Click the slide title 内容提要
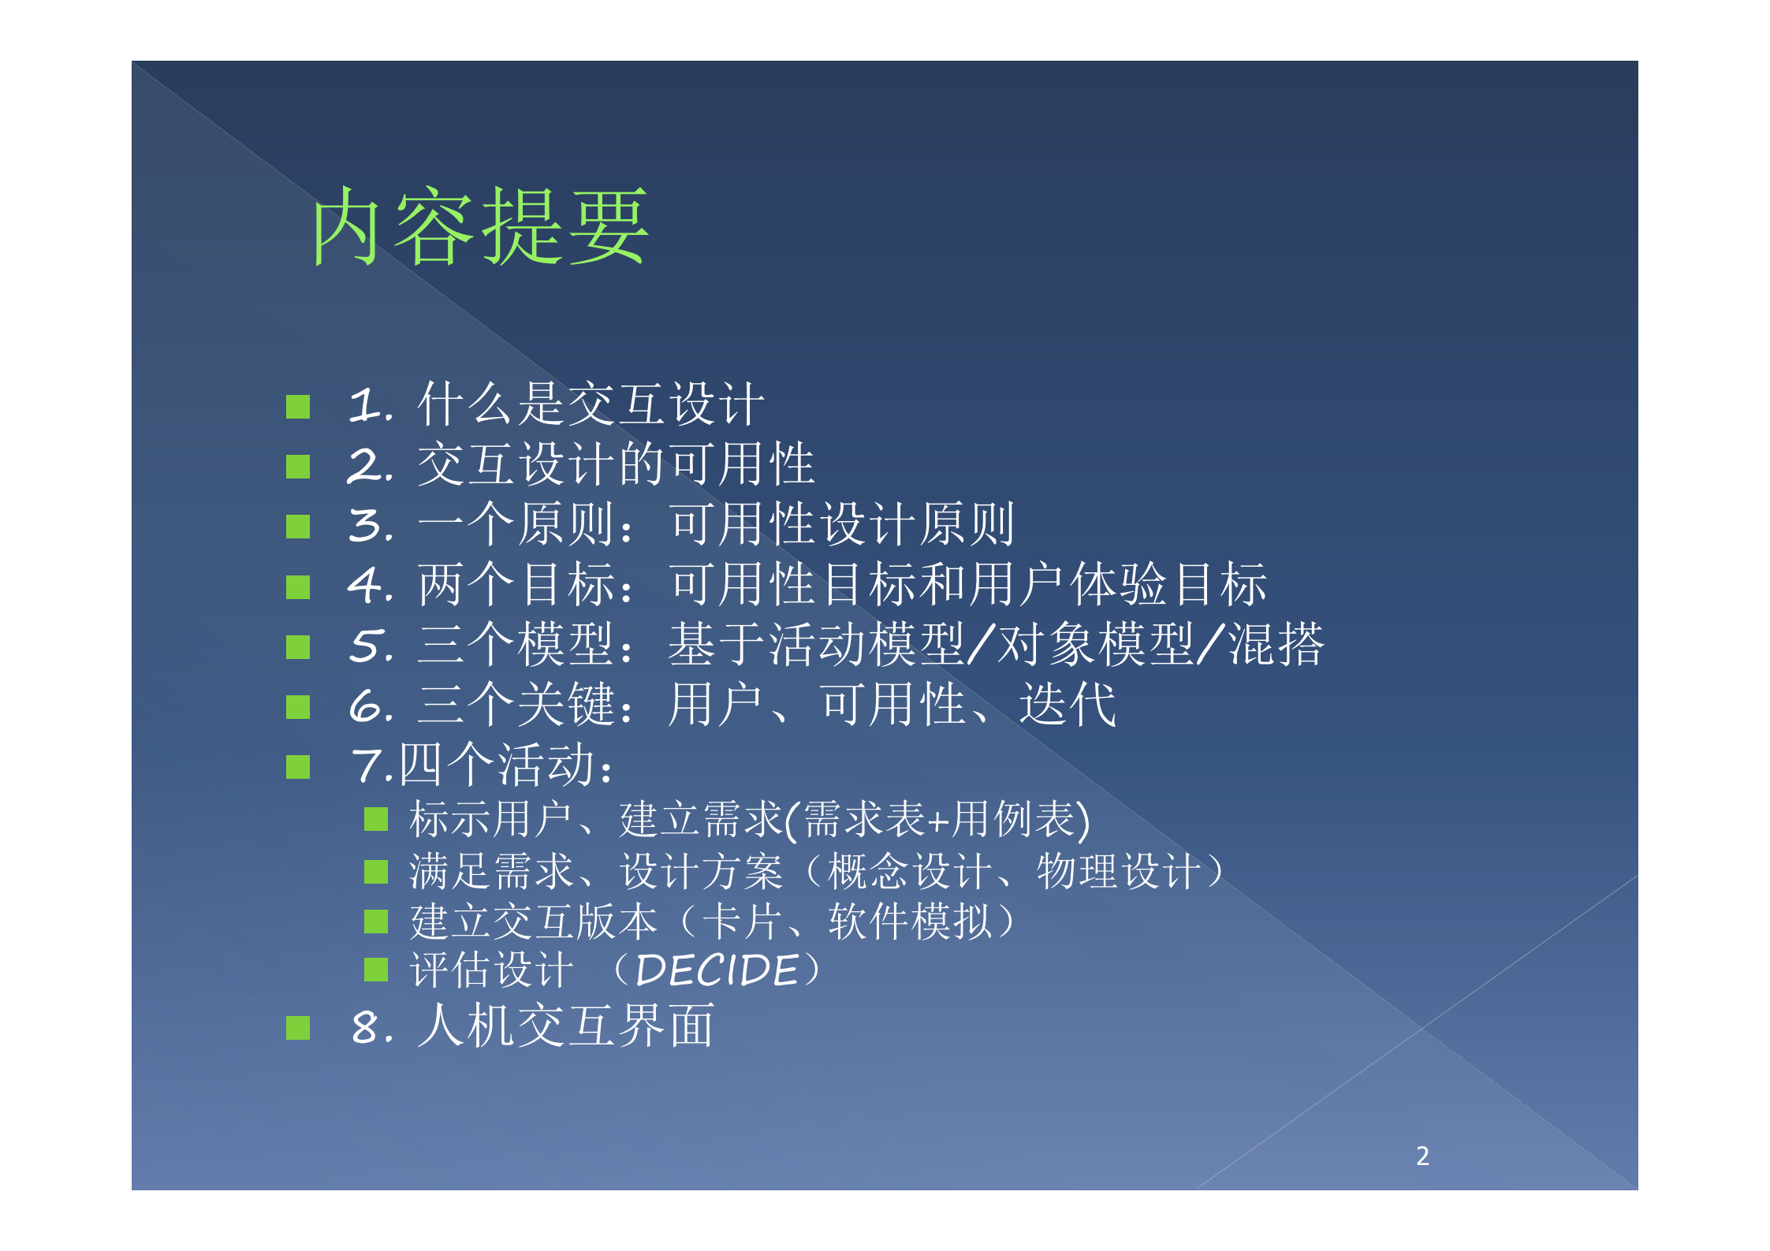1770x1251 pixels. (480, 226)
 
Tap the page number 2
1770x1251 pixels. (1422, 1156)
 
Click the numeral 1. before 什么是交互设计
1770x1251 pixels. (370, 405)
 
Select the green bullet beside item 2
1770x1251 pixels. (298, 467)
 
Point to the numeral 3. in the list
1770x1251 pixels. (370, 526)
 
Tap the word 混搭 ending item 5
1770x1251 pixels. (1276, 645)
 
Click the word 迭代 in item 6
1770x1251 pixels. (1068, 705)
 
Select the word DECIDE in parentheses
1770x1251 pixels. (717, 970)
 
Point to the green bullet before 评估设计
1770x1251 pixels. (376, 970)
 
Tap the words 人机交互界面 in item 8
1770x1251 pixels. (565, 1026)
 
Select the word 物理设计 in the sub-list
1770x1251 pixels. (1119, 872)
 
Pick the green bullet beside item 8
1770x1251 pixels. (298, 1028)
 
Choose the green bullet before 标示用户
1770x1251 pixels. (376, 820)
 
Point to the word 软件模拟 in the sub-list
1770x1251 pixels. (910, 921)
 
